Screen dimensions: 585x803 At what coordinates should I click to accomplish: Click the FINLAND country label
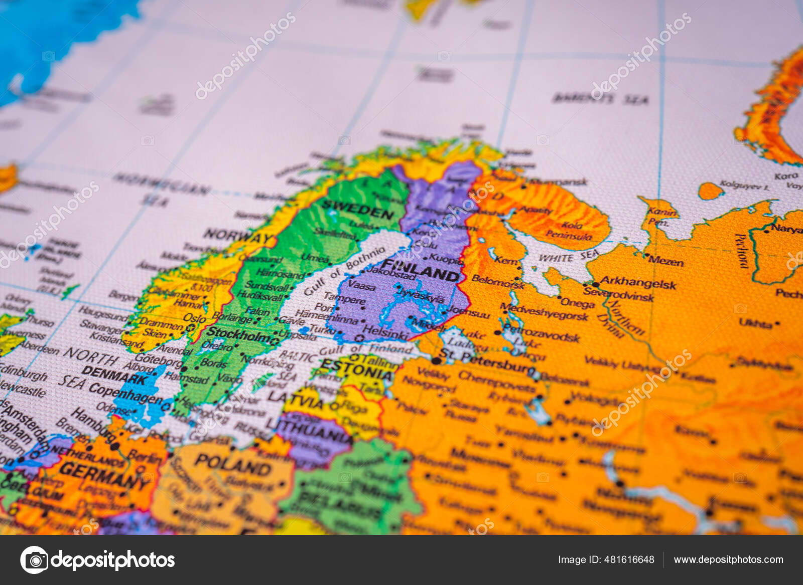tap(421, 270)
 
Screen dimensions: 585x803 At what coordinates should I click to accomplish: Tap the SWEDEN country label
tap(358, 209)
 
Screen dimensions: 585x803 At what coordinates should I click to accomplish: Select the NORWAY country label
tap(237, 236)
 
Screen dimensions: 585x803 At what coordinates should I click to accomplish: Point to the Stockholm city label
tap(240, 334)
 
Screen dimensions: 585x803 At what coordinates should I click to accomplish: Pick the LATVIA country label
tap(296, 400)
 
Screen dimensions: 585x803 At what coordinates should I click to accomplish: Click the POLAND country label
tap(233, 465)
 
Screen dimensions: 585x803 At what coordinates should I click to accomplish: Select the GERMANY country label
tap(103, 475)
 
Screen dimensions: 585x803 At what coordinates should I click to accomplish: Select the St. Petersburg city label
tap(486, 362)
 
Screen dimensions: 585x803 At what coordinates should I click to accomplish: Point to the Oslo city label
tap(194, 318)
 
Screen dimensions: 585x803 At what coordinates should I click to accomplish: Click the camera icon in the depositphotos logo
tap(35, 559)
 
